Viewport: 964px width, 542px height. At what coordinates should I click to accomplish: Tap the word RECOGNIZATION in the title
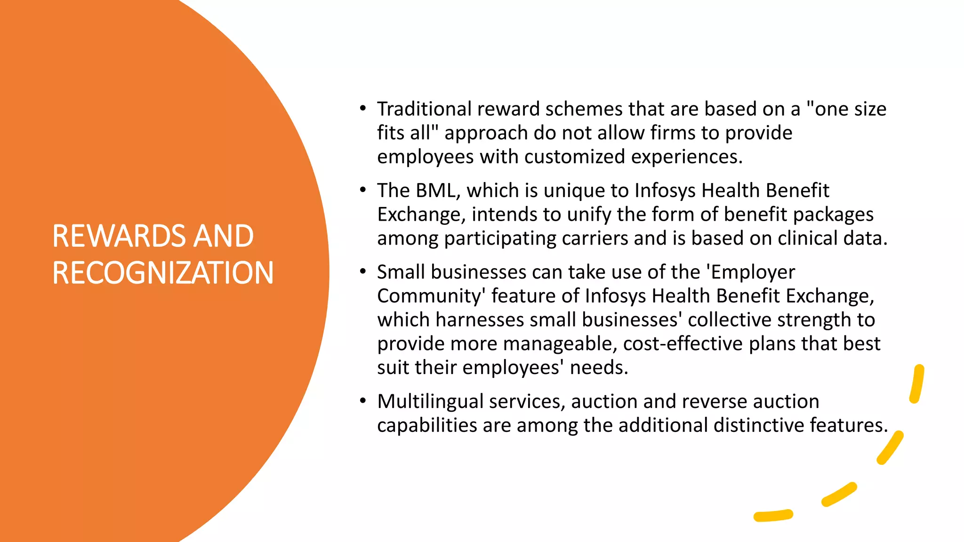(163, 273)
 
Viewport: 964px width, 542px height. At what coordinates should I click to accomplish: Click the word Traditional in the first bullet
(424, 109)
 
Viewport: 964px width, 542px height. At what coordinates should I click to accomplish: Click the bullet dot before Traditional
(362, 109)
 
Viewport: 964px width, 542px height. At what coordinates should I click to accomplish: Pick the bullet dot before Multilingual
(362, 401)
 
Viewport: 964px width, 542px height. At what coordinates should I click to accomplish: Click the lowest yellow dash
(773, 516)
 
